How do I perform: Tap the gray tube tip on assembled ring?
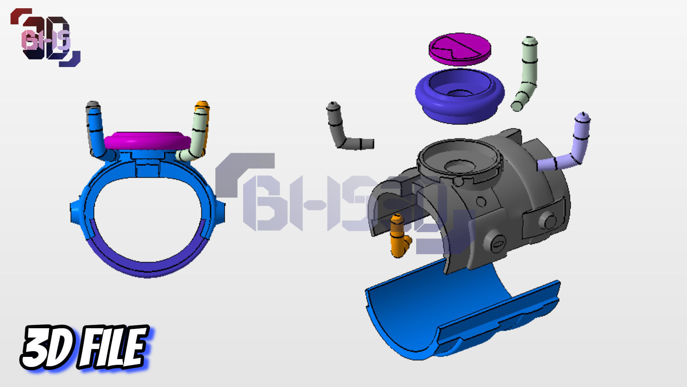[93, 105]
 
